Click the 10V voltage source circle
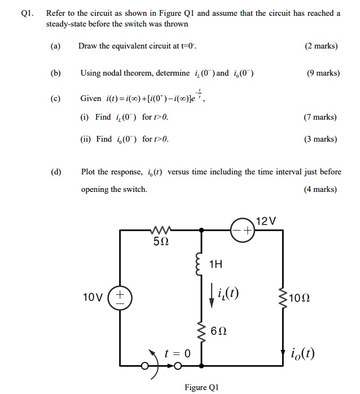[120, 296]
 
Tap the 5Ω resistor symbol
[160, 230]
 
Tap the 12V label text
[266, 221]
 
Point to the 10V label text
[93, 297]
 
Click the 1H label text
[216, 263]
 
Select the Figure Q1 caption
[201, 387]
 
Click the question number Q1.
[26, 13]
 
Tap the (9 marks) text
[323, 73]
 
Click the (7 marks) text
[319, 117]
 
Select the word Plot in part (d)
[90, 172]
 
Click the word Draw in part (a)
[89, 46]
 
